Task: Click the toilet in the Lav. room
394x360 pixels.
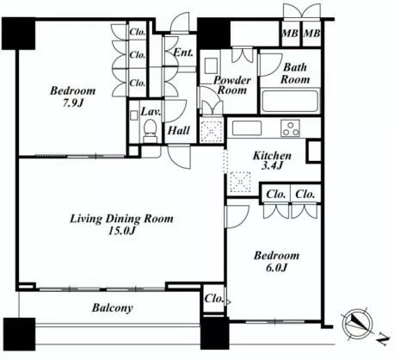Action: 150,131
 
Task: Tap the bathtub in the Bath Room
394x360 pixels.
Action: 290,101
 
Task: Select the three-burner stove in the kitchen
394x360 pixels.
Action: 290,128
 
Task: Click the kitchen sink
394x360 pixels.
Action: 247,128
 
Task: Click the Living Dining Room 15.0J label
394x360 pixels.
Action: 121,224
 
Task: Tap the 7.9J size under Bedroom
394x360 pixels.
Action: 73,103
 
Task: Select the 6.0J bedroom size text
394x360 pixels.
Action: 276,268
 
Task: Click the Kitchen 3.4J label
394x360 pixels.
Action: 272,160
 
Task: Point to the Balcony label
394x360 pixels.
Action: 113,308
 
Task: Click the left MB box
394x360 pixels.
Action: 290,33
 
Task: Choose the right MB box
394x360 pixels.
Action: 311,33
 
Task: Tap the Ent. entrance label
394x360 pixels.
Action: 183,53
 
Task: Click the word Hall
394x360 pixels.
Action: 179,131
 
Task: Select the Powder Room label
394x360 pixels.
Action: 232,85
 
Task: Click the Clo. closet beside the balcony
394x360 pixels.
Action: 214,299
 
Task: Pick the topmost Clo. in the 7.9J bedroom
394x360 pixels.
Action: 138,32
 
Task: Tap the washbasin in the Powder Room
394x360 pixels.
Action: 211,66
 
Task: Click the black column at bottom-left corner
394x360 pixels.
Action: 19,334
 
